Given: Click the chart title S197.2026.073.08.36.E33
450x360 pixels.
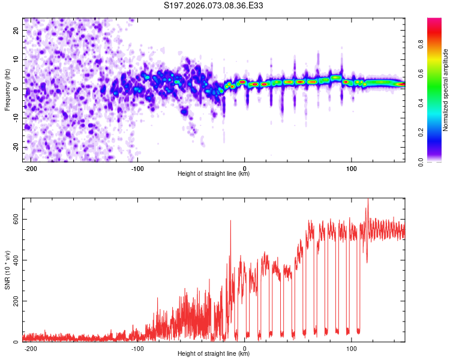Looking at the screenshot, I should point(214,5).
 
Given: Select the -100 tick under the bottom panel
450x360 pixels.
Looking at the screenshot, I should point(137,348).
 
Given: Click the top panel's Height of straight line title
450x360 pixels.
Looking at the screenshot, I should point(214,174).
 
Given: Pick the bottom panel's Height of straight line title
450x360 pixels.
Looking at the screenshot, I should point(214,355).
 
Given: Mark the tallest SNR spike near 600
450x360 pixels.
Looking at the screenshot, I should point(368,201).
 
